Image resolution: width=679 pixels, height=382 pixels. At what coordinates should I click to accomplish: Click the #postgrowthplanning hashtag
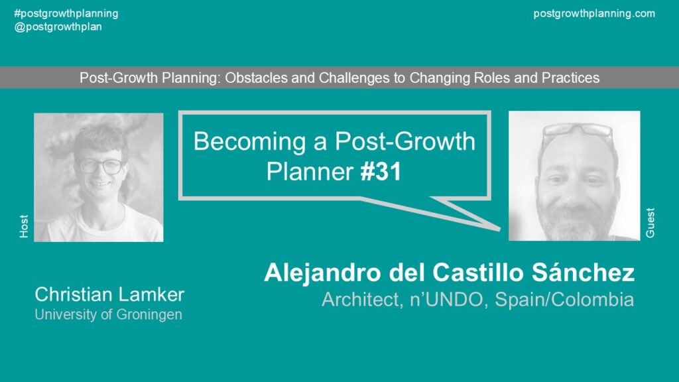coord(66,14)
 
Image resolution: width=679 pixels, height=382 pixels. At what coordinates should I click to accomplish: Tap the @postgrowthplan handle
coord(58,27)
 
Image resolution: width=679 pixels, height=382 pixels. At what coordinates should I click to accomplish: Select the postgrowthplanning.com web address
coord(594,14)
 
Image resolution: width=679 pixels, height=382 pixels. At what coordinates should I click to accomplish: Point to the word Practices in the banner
coord(570,78)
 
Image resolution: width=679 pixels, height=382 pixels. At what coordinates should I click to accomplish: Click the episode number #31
coord(381,172)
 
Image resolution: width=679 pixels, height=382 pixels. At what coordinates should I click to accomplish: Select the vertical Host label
coord(24,226)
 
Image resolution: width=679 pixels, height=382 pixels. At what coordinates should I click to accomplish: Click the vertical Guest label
coord(650,223)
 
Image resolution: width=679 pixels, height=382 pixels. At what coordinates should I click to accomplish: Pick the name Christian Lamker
coord(109,294)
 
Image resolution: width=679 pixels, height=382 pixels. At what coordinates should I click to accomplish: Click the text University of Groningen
coord(108,314)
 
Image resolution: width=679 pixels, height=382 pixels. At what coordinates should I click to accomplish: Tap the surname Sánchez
coord(583,273)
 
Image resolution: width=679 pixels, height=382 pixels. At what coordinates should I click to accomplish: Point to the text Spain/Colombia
coord(564,300)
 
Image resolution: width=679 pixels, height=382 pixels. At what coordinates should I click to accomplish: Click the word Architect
coord(362,300)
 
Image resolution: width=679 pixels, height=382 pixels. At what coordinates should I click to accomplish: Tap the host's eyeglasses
coord(100,166)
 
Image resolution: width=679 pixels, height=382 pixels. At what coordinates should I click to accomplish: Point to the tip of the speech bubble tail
coord(500,228)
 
